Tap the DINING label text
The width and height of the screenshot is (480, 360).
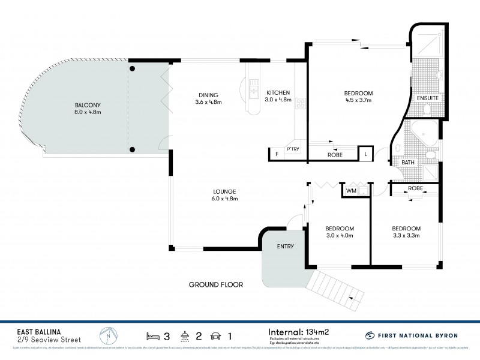(x=208, y=95)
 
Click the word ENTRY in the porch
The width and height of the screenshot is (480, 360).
(x=285, y=247)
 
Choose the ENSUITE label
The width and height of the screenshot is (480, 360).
(x=428, y=97)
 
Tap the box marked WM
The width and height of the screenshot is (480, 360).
(x=351, y=191)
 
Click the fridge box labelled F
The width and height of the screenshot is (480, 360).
(x=277, y=154)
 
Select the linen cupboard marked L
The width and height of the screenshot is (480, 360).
(x=365, y=154)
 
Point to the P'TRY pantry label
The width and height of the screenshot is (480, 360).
(x=293, y=149)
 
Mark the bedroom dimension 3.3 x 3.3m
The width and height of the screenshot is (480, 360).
(x=406, y=236)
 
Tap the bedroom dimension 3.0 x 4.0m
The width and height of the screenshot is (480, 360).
(x=340, y=236)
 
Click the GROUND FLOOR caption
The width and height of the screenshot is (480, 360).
(x=216, y=284)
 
